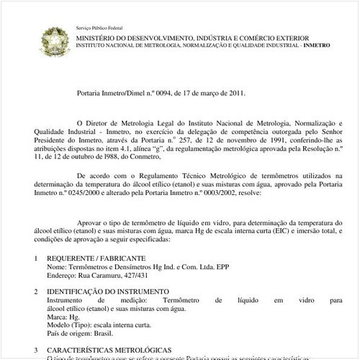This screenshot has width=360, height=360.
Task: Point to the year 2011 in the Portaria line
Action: click(235, 92)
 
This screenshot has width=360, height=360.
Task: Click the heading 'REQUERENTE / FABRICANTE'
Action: click(96, 258)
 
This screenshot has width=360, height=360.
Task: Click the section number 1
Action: click(37, 258)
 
